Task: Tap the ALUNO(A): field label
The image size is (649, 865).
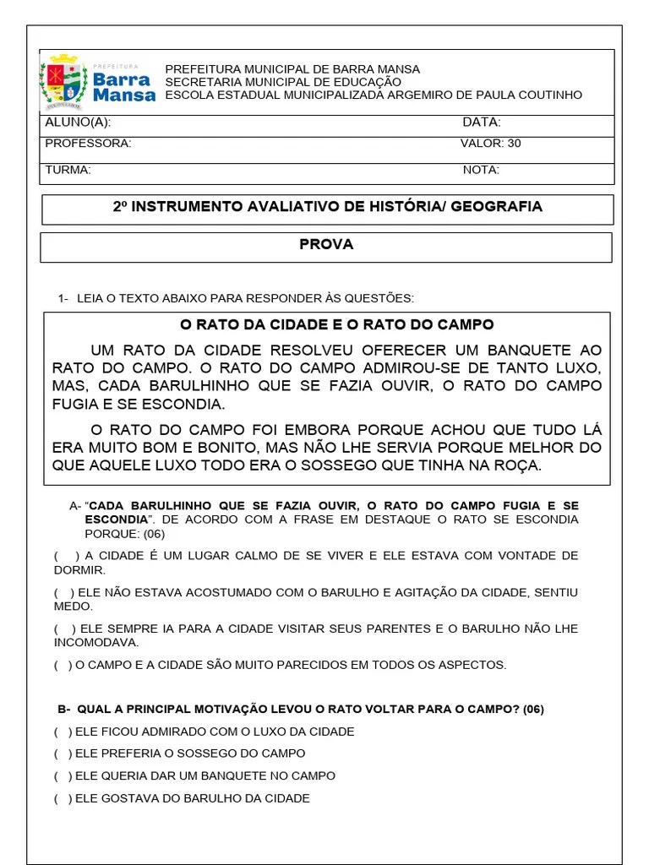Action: pyautogui.click(x=78, y=122)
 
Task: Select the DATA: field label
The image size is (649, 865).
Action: pyautogui.click(x=481, y=122)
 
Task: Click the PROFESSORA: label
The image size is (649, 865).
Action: pyautogui.click(x=88, y=144)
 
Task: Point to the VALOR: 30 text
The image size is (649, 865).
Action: pyautogui.click(x=490, y=144)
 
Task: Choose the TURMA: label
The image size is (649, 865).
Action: pyautogui.click(x=68, y=170)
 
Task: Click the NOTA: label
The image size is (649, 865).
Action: pyautogui.click(x=481, y=170)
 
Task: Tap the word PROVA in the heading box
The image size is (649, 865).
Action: pyautogui.click(x=326, y=245)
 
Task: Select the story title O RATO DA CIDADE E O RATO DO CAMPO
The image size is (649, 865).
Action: pyautogui.click(x=336, y=325)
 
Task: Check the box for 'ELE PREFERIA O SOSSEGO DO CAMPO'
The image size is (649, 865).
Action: pyautogui.click(x=63, y=753)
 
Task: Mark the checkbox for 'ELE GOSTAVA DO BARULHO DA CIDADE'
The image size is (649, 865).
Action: pyautogui.click(x=63, y=798)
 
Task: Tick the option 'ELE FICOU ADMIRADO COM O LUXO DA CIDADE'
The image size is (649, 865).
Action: pyautogui.click(x=63, y=732)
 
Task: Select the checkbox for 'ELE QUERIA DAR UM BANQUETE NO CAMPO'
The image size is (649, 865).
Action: pyautogui.click(x=63, y=775)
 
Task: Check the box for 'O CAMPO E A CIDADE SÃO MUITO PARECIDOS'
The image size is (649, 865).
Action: pyautogui.click(x=63, y=666)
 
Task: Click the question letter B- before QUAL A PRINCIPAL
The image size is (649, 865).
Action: pyautogui.click(x=63, y=710)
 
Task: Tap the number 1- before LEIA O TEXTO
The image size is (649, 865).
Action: pyautogui.click(x=63, y=298)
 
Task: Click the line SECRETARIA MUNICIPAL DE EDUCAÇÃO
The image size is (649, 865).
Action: pyautogui.click(x=283, y=82)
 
